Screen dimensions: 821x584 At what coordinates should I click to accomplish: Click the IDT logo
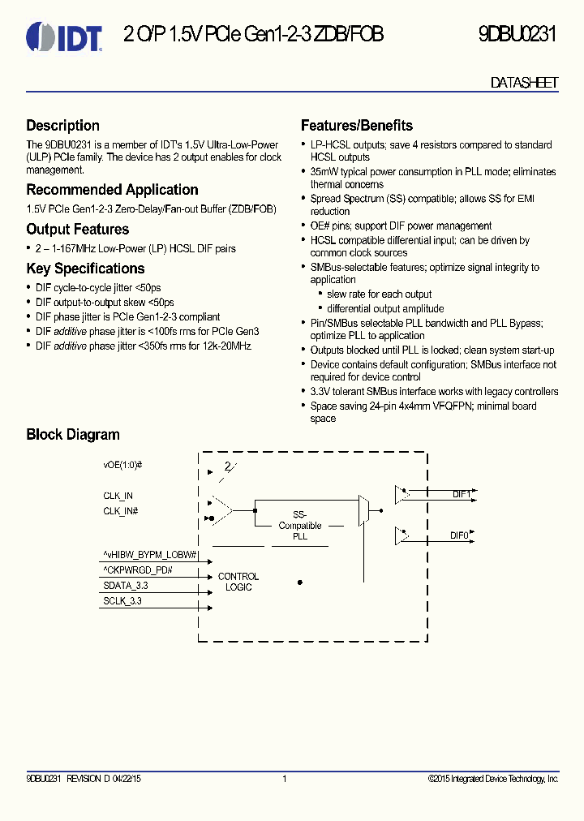point(64,37)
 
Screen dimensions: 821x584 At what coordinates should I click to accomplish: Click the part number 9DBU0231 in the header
point(517,35)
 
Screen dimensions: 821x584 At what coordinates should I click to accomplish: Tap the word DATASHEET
point(524,83)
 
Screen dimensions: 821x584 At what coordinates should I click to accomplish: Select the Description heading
point(62,126)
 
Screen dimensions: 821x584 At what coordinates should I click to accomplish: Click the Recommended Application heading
point(112,190)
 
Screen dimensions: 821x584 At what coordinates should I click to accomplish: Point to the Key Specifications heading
point(85,269)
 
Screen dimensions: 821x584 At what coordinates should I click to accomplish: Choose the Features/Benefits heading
point(356,126)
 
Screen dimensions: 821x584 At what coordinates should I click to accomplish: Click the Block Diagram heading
point(72,435)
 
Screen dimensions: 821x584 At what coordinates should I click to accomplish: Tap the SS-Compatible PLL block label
point(300,526)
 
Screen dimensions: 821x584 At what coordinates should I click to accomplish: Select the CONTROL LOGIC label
point(238,582)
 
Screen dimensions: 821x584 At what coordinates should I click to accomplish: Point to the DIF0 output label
point(460,536)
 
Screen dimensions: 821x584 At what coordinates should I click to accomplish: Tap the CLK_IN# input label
point(120,511)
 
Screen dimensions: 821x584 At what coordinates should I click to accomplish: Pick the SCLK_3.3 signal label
point(122,601)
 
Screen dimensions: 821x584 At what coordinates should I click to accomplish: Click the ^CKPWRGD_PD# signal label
point(138,570)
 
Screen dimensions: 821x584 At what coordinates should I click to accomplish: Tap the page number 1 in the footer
point(285,779)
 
